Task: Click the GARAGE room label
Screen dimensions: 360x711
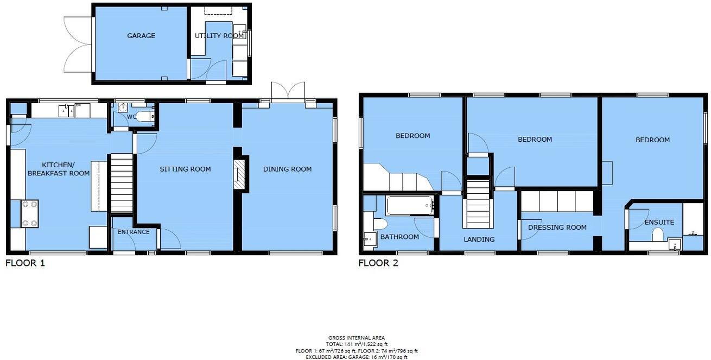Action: [141, 36]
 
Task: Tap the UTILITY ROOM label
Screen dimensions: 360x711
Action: [219, 36]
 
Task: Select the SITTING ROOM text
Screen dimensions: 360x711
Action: [185, 169]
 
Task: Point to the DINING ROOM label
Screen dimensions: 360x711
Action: [287, 169]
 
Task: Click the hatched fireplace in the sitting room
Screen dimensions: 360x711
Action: [239, 174]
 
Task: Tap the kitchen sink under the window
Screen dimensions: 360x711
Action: [68, 111]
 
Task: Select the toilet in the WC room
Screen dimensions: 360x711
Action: [144, 116]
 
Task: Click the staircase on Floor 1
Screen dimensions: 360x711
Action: [122, 183]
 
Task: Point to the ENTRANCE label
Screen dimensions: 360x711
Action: [134, 232]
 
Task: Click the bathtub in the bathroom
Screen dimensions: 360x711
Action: [410, 206]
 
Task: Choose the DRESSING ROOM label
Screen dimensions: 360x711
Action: [557, 228]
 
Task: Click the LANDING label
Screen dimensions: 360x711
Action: [479, 239]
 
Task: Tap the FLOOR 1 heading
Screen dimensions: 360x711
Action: [25, 263]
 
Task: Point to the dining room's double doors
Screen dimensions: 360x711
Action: [288, 92]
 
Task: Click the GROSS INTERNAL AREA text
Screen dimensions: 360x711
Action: [356, 338]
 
